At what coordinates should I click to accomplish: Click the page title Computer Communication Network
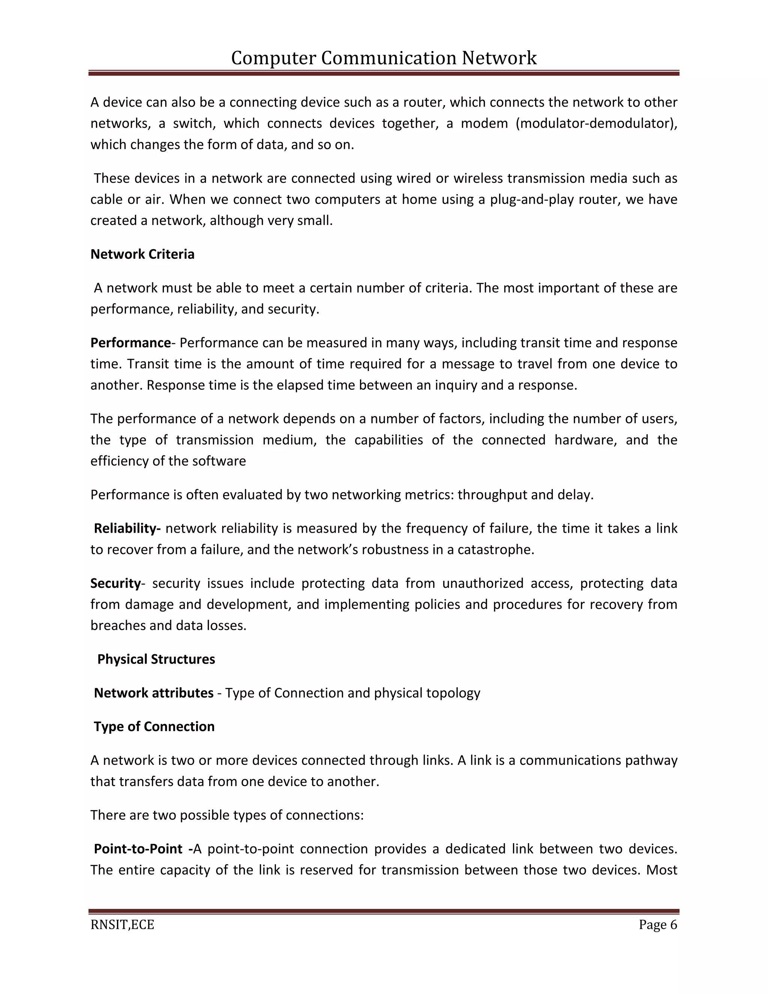pyautogui.click(x=384, y=58)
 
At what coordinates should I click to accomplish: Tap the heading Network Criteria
pyautogui.click(x=142, y=254)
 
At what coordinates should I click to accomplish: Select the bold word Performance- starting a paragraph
pyautogui.click(x=131, y=343)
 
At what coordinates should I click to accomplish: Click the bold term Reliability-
pyautogui.click(x=127, y=529)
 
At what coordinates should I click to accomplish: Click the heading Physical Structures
pyautogui.click(x=156, y=659)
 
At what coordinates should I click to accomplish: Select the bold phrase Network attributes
pyautogui.click(x=153, y=693)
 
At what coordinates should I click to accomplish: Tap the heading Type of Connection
pyautogui.click(x=154, y=727)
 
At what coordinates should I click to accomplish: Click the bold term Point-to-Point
pyautogui.click(x=138, y=849)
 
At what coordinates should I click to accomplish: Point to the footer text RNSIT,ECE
pyautogui.click(x=122, y=925)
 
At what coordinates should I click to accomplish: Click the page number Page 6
pyautogui.click(x=657, y=925)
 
